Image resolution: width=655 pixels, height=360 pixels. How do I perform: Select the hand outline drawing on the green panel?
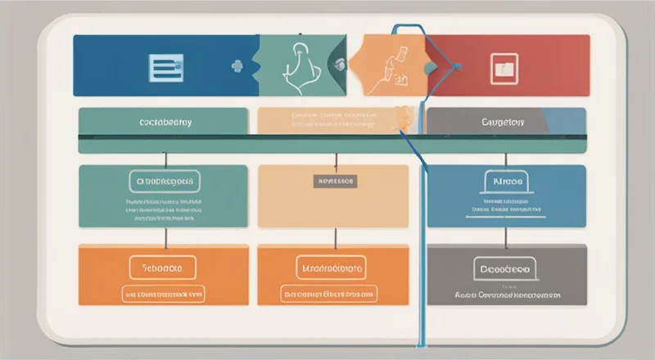point(298,65)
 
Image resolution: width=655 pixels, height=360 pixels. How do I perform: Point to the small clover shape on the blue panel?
point(238,65)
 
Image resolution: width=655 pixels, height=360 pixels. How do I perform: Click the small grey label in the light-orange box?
point(334,181)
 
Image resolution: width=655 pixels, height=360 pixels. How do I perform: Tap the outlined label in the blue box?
point(507,181)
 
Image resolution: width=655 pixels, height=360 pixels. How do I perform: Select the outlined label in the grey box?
point(504,267)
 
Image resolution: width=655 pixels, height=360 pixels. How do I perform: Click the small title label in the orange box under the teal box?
point(162,267)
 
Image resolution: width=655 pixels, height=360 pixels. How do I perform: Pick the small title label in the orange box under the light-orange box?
point(333,267)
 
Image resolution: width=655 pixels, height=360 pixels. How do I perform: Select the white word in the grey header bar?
point(504,122)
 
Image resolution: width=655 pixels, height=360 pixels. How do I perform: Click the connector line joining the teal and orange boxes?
point(166,236)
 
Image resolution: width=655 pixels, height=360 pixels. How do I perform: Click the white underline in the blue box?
point(507,217)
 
